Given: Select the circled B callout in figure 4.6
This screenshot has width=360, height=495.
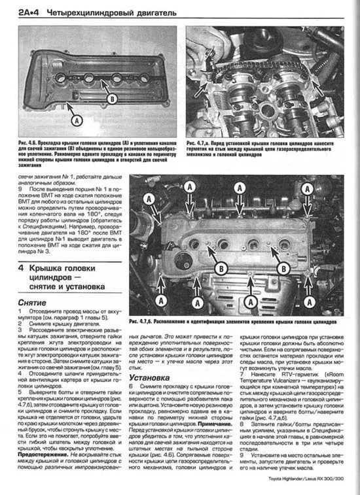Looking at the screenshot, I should click(111, 99).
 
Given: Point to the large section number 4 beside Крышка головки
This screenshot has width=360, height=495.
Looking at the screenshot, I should click(22, 268).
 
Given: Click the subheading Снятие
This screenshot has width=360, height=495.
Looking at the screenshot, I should click(31, 305).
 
